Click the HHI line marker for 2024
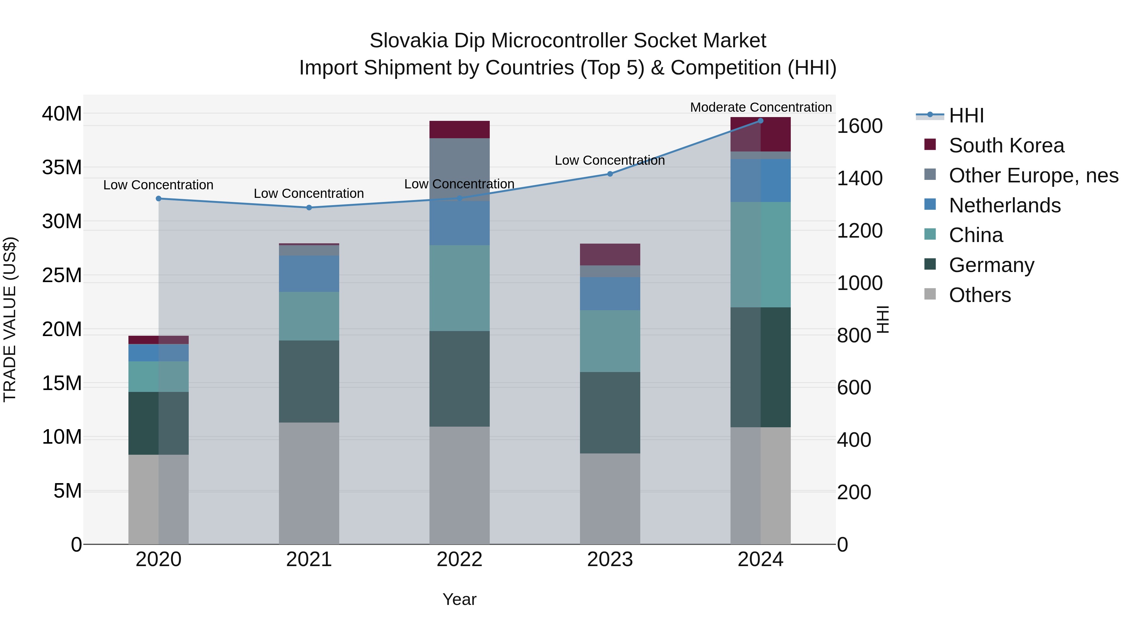click(x=760, y=121)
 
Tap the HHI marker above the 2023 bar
click(x=610, y=174)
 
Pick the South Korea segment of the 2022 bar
click(x=459, y=130)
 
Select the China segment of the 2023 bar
click(x=610, y=341)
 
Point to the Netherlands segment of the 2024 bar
click(x=760, y=181)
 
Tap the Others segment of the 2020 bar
click(x=158, y=499)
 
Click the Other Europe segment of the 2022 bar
click(x=459, y=170)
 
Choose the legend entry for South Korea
click(x=1006, y=145)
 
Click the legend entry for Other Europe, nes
click(x=1033, y=175)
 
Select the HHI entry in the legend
click(x=966, y=115)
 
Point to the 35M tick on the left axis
click(x=62, y=168)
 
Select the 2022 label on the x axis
click(x=459, y=559)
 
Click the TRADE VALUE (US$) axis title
click(x=10, y=319)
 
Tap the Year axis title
click(x=459, y=599)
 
